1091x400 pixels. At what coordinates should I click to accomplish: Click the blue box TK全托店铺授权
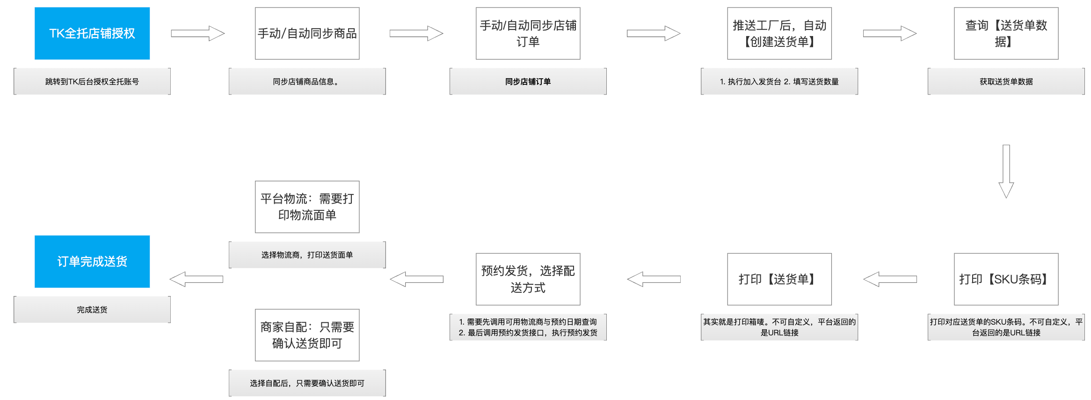tap(92, 33)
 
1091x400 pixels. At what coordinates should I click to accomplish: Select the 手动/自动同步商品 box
tap(307, 33)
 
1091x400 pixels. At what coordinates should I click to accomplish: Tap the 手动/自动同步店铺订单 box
tap(528, 33)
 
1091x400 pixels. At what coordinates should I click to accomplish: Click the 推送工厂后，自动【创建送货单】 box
tap(779, 33)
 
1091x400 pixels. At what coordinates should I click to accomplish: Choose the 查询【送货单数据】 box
tap(1006, 33)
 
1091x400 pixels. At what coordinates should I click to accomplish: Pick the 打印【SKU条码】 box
tap(1006, 279)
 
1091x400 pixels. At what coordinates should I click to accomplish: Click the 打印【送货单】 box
tap(779, 279)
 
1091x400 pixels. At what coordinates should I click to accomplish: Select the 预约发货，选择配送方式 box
tap(528, 279)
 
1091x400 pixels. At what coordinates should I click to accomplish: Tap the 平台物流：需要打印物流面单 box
tap(307, 207)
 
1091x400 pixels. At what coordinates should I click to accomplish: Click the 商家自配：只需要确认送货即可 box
tap(307, 335)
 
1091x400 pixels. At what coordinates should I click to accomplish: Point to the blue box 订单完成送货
tap(92, 261)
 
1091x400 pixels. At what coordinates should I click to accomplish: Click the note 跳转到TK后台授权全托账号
tap(92, 81)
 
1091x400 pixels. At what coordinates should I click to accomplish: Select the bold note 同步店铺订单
tap(528, 81)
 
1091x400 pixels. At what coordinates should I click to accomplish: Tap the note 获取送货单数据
tap(1006, 81)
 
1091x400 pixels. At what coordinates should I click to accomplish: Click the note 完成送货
tap(92, 310)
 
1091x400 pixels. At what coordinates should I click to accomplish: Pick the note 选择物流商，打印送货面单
tap(307, 255)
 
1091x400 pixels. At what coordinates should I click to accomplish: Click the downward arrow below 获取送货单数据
tap(1006, 171)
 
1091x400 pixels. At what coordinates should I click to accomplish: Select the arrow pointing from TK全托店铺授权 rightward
tap(197, 33)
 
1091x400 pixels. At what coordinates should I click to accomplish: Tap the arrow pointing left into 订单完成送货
tap(196, 279)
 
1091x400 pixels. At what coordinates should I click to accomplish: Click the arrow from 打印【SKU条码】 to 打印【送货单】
tap(890, 279)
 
